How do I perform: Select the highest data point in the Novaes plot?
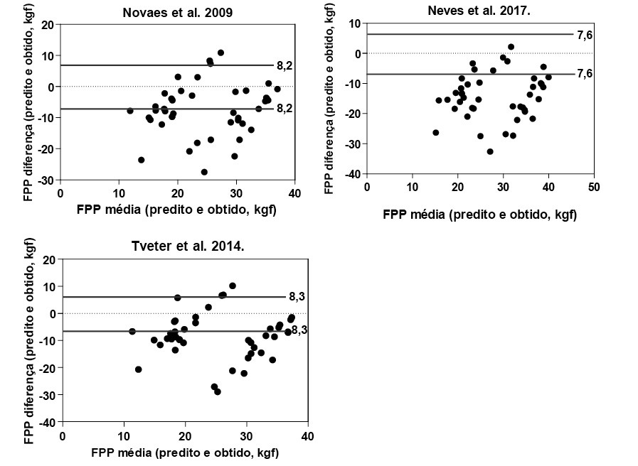220,53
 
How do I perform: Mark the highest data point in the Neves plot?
511,47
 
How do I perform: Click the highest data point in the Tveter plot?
233,286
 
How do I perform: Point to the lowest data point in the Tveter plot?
218,391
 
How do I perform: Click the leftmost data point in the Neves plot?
436,132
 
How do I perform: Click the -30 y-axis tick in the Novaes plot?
48,180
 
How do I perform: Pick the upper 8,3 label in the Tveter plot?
297,297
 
